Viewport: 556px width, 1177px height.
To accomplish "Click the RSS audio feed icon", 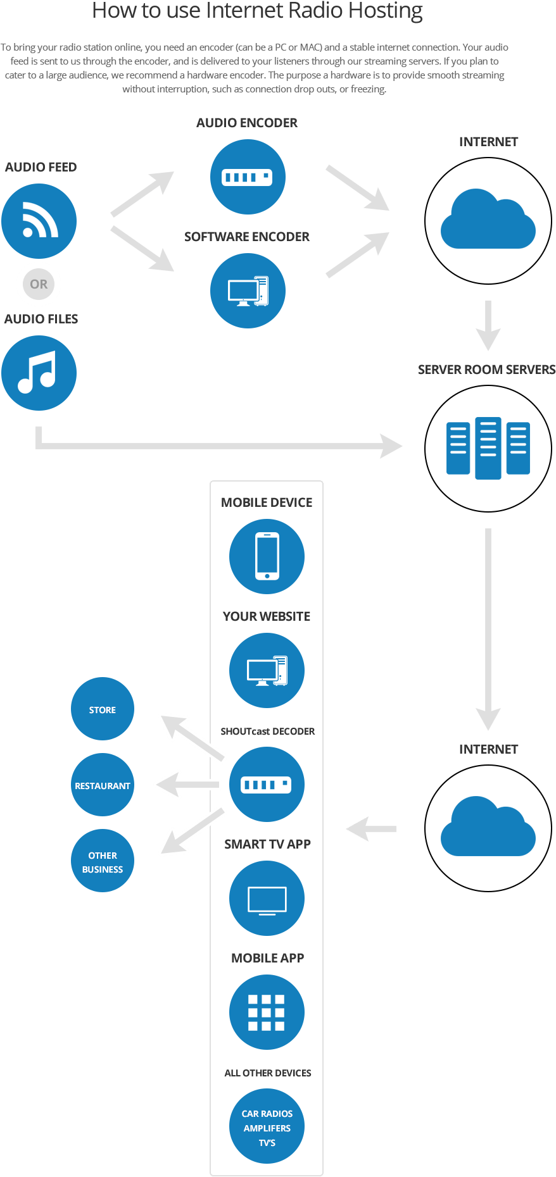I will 39,221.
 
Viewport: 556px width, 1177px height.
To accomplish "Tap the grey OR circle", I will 39,284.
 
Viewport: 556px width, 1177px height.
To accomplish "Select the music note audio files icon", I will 39,373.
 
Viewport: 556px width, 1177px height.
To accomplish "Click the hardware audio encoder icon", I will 248,177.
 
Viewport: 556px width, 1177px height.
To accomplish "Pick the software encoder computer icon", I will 248,291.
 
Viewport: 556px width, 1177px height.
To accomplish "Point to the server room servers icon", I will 488,447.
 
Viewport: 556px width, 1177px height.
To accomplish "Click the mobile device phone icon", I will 267,557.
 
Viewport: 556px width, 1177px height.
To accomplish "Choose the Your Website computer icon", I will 267,671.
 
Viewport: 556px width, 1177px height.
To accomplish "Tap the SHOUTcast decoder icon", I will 267,785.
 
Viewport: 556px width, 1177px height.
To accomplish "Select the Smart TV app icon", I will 267,899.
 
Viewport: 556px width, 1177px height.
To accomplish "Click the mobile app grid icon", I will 267,1012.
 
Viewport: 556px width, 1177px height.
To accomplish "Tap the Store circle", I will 103,709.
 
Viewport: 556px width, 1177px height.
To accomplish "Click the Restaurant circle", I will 103,785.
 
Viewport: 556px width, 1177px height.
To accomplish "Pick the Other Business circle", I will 103,861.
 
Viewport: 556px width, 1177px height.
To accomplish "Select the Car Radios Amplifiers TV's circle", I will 267,1127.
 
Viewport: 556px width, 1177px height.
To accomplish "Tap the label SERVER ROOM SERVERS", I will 486,370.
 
